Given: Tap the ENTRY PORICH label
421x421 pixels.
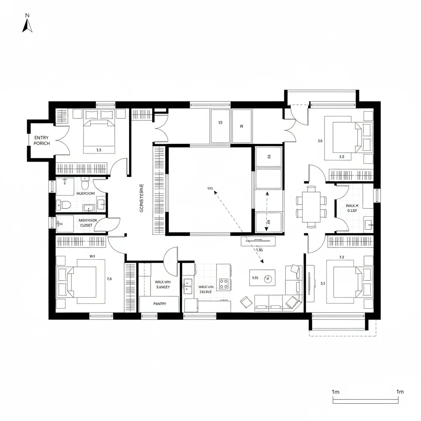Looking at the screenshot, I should tap(42, 141).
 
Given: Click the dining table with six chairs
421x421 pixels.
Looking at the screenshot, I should tap(311, 206).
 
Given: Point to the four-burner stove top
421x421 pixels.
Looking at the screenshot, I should tap(224, 282).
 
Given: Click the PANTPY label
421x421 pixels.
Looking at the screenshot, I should tap(160, 304).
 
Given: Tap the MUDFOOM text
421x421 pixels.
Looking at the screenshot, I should tap(86, 193).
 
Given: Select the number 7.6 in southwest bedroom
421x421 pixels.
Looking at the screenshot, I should tap(109, 279).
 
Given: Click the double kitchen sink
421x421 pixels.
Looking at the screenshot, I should tap(188, 286).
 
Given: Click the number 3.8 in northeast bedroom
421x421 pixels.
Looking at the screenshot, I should tap(320, 141).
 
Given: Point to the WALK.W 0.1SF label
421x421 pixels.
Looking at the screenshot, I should tap(352, 208).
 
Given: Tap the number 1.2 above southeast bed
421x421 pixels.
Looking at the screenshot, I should tap(341, 257).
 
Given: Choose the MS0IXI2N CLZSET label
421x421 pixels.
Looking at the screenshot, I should tap(88, 222).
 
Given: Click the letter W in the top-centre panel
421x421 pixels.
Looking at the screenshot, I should tap(241, 126).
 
